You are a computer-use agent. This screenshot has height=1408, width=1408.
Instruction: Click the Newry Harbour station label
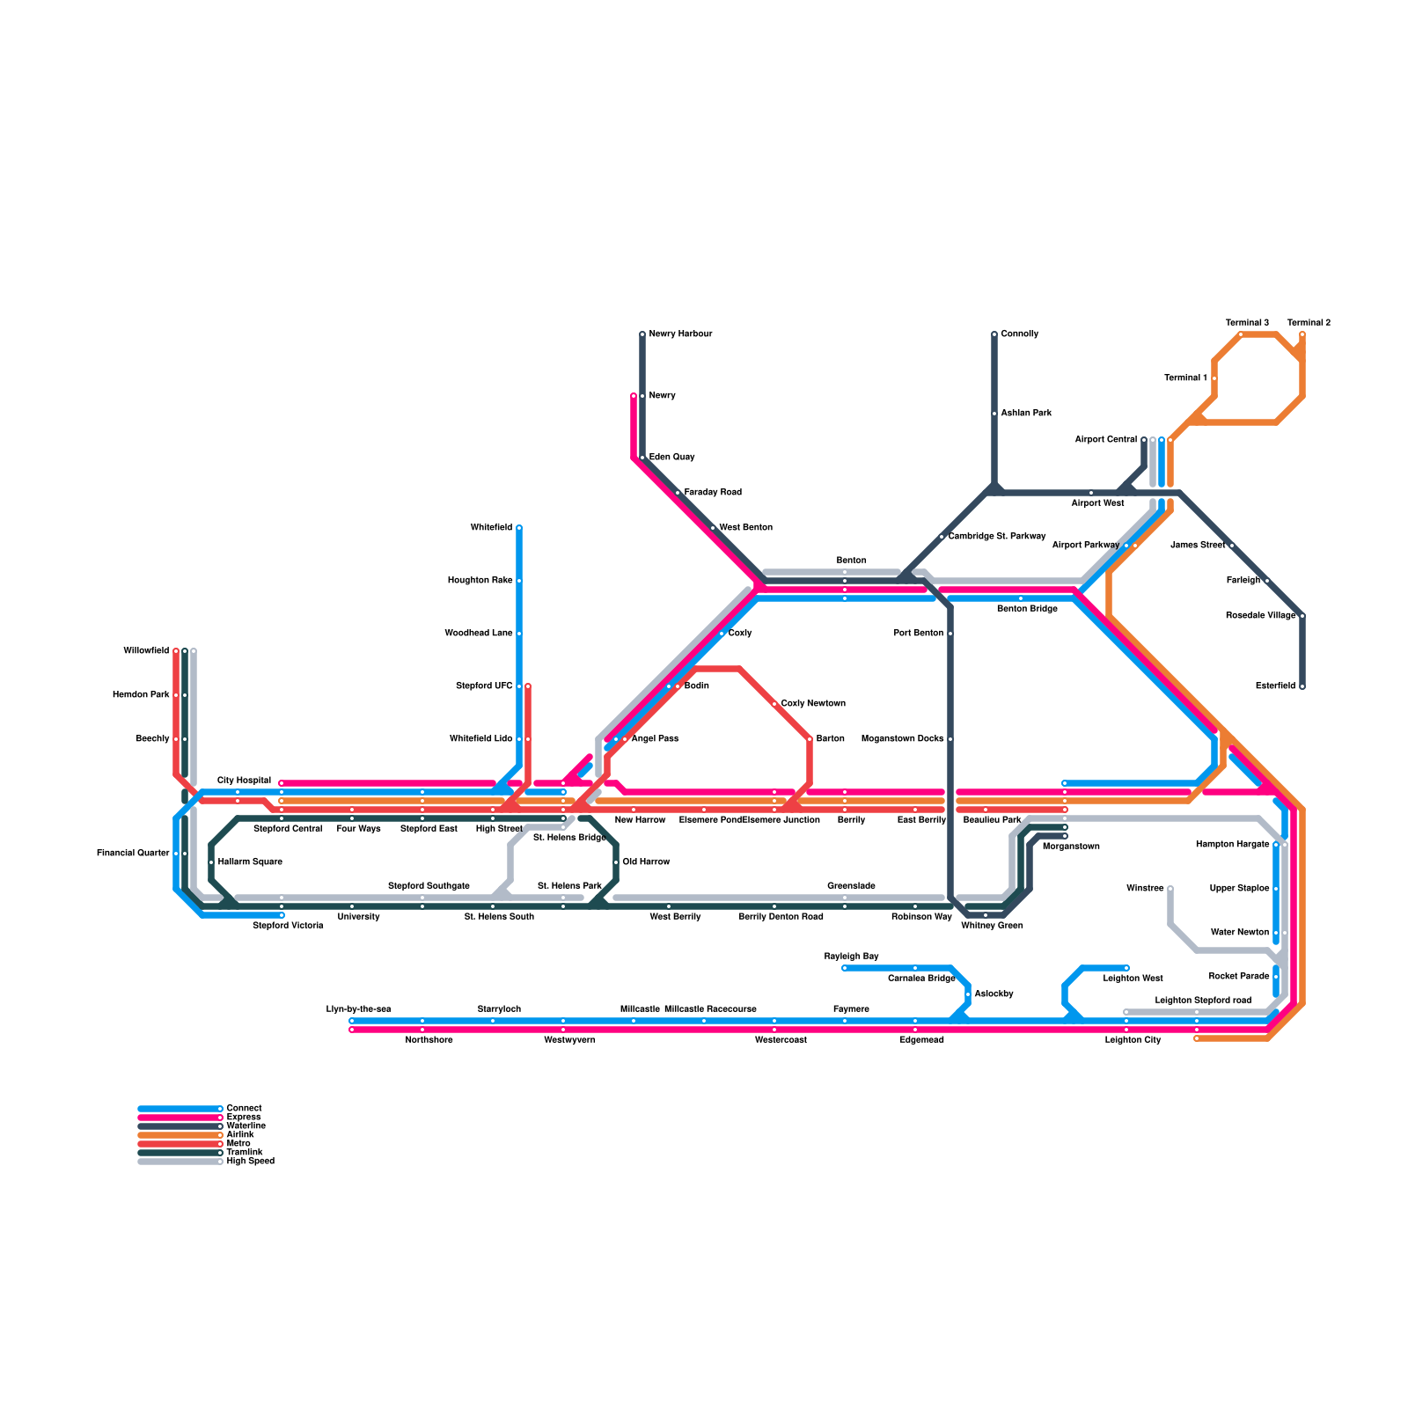680,334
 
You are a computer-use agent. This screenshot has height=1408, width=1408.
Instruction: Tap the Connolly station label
1020,334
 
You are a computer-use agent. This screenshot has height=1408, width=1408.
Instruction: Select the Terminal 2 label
1309,323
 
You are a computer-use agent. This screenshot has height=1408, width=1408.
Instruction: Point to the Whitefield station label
491,528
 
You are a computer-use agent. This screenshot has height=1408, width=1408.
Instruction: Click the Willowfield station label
146,651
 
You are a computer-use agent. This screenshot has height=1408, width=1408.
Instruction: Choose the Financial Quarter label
133,854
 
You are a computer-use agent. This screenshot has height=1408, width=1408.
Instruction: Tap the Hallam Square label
250,862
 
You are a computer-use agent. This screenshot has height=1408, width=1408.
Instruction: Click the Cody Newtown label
813,704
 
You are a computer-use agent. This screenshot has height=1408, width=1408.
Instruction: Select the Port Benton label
918,634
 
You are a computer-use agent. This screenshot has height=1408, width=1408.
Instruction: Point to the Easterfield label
1275,686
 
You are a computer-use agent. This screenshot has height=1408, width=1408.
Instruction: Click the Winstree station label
1145,889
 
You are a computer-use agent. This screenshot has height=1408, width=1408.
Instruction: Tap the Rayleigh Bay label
851,957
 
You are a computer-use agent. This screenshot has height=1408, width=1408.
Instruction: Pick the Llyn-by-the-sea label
358,1009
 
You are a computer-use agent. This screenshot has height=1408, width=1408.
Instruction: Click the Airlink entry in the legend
240,1135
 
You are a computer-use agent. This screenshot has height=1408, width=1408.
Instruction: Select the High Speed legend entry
250,1162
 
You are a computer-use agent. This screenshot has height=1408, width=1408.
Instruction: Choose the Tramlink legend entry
244,1153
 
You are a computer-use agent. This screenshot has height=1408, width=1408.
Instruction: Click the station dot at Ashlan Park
994,414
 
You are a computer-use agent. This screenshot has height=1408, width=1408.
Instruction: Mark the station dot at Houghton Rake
519,581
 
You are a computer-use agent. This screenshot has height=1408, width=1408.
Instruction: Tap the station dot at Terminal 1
1214,378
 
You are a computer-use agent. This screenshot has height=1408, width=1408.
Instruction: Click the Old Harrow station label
646,862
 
